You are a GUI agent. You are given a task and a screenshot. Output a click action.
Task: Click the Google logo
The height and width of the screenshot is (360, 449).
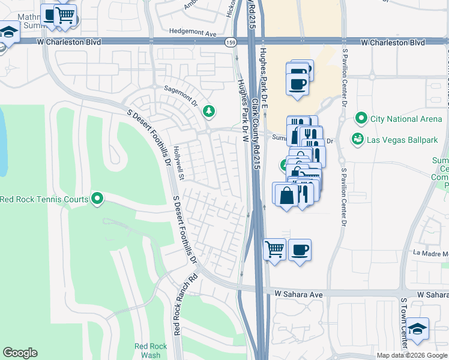tap(20, 353)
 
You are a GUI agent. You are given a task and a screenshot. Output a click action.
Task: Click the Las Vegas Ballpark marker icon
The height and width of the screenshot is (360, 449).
tap(358, 139)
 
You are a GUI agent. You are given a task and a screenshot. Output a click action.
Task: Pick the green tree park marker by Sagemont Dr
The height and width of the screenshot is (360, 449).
tap(208, 110)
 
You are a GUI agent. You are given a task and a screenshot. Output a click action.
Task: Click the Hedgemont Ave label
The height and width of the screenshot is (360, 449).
tap(192, 34)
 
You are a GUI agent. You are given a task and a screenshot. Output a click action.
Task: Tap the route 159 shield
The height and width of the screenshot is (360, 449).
tap(231, 43)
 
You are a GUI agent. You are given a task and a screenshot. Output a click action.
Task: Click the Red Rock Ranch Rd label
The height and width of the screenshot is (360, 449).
tap(177, 305)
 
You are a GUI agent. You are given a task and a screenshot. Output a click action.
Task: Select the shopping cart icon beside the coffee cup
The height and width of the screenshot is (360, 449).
tap(274, 248)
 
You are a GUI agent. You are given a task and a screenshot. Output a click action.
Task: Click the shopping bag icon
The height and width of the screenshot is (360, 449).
tap(286, 194)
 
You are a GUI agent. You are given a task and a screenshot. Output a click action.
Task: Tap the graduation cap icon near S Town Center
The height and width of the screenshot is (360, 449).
tap(417, 329)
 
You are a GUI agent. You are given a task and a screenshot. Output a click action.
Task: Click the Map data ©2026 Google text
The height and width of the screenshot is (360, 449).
tap(411, 355)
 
